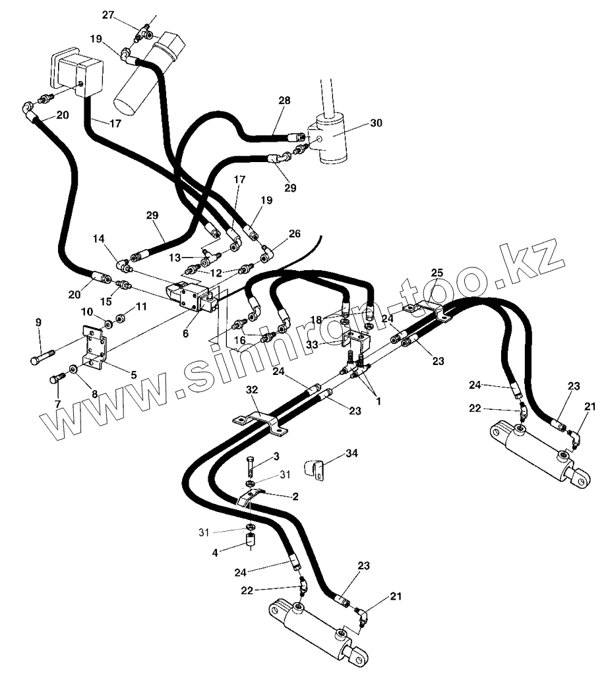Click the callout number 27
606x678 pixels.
(x=108, y=14)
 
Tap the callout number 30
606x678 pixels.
(x=376, y=123)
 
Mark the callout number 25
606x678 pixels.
(x=437, y=272)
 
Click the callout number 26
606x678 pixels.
(x=294, y=233)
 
